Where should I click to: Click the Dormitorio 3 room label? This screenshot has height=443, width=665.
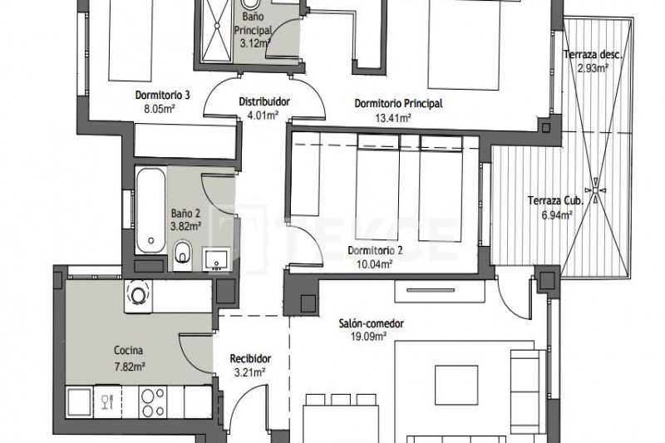(x=162, y=95)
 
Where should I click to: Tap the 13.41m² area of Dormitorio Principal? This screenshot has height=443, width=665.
(x=393, y=118)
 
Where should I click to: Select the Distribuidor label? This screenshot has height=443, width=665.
(x=264, y=101)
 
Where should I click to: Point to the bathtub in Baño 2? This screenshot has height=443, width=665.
(x=150, y=210)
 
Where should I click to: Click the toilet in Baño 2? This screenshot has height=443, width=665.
(x=182, y=253)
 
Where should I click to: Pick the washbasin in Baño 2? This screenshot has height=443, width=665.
(x=217, y=259)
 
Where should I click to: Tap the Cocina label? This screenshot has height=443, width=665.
(x=129, y=351)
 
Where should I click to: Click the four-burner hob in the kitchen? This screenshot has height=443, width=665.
(x=153, y=402)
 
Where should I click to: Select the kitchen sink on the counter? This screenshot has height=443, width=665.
(x=79, y=402)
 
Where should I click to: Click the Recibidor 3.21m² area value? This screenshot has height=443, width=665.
(x=250, y=372)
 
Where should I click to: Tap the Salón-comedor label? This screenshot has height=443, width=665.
(x=371, y=324)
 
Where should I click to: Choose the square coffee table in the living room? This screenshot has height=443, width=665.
(x=456, y=386)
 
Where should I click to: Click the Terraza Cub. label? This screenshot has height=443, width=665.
(x=555, y=200)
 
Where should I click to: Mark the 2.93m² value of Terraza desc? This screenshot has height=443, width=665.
(x=594, y=68)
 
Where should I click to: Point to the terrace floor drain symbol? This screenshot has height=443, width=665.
(x=595, y=190)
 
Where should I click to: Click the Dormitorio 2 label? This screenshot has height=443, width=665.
(x=375, y=250)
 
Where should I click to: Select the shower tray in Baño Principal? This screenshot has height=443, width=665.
(x=217, y=31)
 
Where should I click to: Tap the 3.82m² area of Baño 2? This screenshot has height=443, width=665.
(x=185, y=226)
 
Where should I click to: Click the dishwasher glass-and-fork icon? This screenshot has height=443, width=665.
(x=108, y=401)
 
